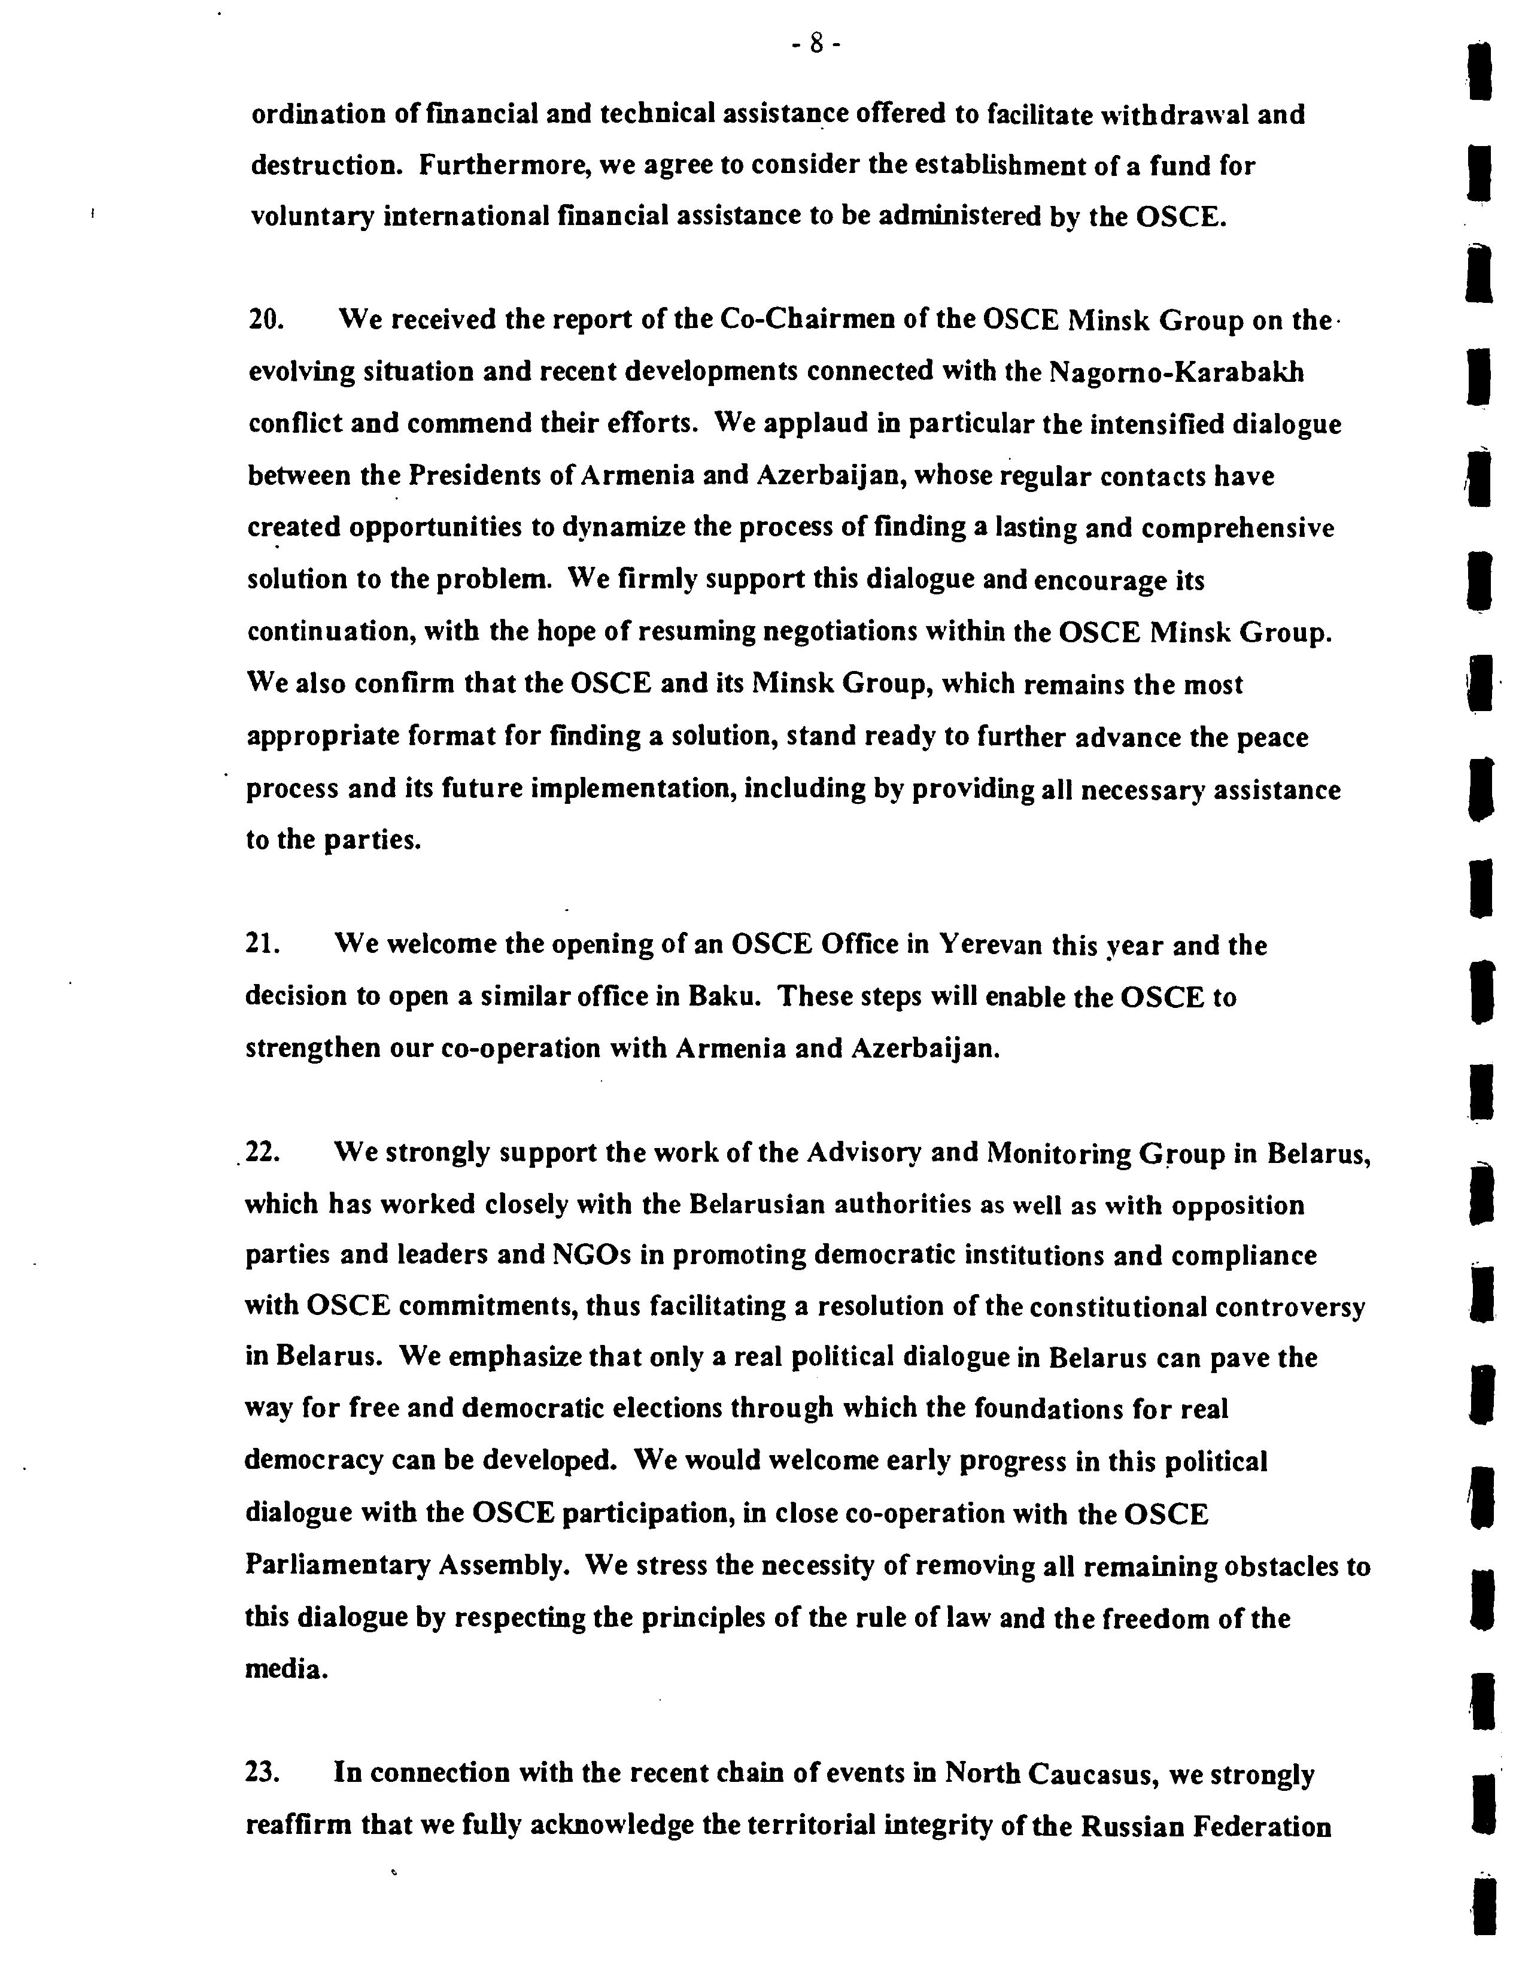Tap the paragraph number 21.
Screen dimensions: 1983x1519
pos(264,945)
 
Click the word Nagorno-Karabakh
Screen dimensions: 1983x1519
pos(1176,372)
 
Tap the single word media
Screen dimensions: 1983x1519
pos(285,1670)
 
